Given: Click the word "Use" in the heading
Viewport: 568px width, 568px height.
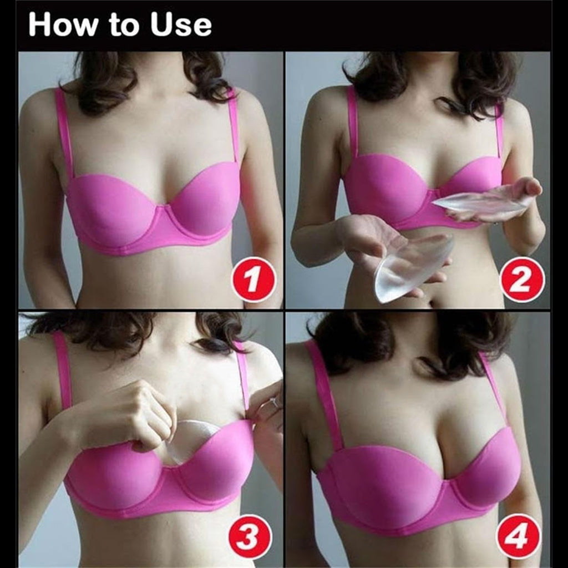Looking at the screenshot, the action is point(181,24).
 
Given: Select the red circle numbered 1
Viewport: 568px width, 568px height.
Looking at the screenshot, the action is point(253,280).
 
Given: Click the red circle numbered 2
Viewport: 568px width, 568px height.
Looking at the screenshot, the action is point(521,280).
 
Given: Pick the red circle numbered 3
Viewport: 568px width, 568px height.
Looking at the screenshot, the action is point(250,536).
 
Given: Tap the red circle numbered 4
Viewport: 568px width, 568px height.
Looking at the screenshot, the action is point(519,536).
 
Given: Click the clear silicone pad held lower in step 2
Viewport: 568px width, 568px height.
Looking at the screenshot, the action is point(413,268).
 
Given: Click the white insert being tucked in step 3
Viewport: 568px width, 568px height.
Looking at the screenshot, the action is point(189,440).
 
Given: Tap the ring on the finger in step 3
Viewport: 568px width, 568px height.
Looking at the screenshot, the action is point(274,402).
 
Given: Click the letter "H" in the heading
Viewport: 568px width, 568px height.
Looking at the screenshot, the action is point(39,24).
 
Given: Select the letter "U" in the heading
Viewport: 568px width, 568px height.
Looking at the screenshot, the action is point(161,24).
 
